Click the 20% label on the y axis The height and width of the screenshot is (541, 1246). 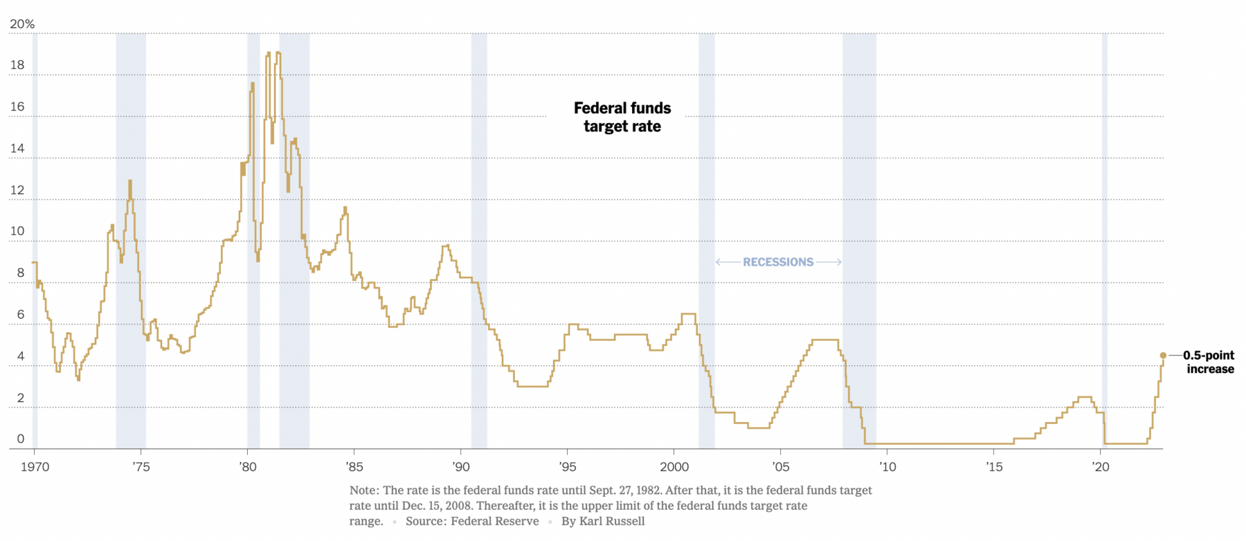(x=21, y=24)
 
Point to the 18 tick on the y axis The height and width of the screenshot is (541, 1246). (x=17, y=65)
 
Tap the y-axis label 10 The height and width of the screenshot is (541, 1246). (x=17, y=231)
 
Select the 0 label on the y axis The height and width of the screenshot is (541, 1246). (x=21, y=439)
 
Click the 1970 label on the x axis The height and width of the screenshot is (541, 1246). (x=35, y=467)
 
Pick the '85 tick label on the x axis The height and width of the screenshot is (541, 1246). (x=354, y=467)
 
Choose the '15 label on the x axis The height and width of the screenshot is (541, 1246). (x=994, y=467)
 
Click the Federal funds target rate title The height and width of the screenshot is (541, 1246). (x=622, y=117)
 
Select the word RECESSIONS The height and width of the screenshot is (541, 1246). (x=778, y=262)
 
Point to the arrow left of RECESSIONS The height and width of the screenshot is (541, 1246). (x=728, y=262)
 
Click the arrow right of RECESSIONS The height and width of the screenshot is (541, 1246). (x=829, y=262)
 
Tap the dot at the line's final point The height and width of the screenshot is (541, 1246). (x=1163, y=356)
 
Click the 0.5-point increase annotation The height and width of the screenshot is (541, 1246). (x=1209, y=362)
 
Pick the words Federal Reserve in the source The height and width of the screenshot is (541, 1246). (x=494, y=521)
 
